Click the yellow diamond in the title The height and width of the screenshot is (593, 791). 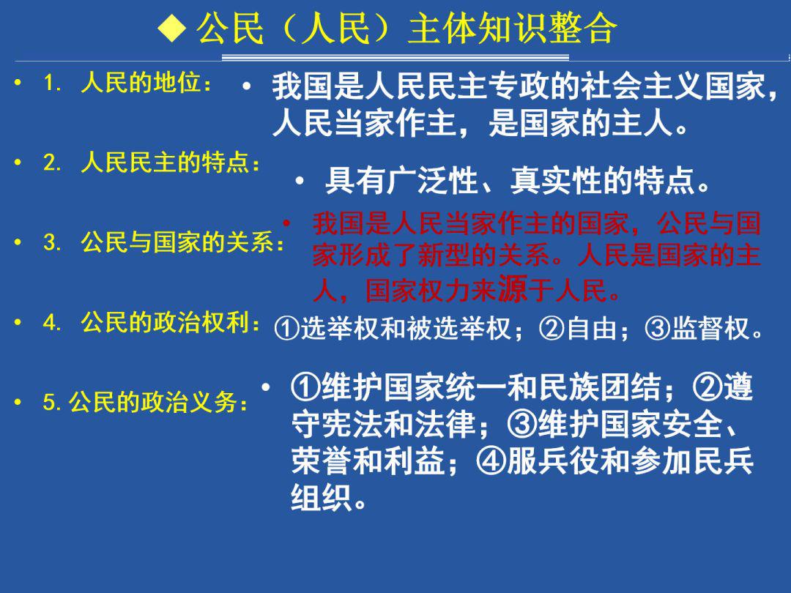[x=172, y=29]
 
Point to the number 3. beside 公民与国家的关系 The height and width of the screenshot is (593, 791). [x=53, y=242]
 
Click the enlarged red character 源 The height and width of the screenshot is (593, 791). [x=513, y=288]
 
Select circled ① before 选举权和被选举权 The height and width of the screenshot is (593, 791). [x=287, y=329]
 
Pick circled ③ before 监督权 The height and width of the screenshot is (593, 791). [x=657, y=329]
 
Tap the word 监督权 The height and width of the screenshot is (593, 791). [x=710, y=329]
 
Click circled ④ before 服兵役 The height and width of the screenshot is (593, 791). [x=491, y=461]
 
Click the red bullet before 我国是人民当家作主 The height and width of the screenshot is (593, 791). [x=286, y=223]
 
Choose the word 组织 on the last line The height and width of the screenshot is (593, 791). [x=322, y=499]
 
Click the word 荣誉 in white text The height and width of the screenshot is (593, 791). [x=322, y=461]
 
